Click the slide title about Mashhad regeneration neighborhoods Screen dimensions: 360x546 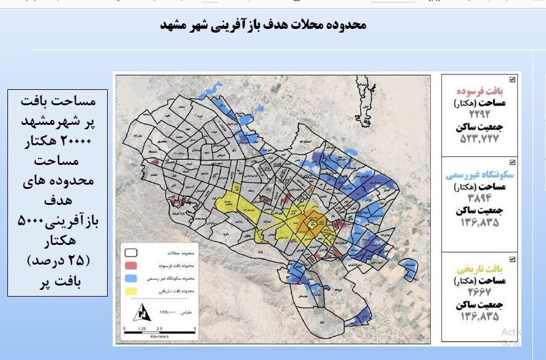click(263, 25)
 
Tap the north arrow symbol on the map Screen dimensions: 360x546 click(143, 313)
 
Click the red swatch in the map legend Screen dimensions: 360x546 click(131, 265)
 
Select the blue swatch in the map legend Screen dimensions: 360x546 click(131, 278)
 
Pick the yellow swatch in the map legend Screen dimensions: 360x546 click(131, 290)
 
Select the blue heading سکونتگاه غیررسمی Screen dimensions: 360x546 click(480, 174)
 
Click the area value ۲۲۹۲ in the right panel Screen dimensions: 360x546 click(480, 115)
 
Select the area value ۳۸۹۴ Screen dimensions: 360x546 click(480, 198)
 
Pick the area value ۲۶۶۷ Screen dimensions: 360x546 click(480, 293)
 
